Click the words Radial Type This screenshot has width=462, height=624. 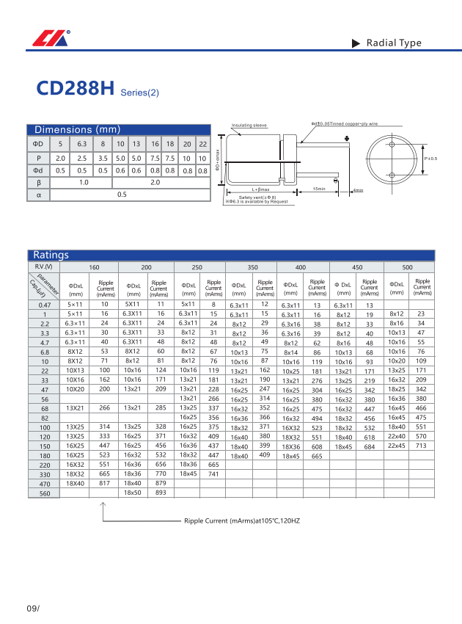click(x=394, y=43)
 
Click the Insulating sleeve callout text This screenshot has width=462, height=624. click(x=249, y=126)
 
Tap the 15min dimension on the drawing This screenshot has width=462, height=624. click(x=319, y=189)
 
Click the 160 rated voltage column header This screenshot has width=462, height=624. click(x=95, y=267)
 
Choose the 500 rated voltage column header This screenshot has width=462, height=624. click(x=408, y=267)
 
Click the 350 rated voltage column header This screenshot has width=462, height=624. click(x=252, y=267)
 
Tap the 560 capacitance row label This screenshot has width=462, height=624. click(x=45, y=493)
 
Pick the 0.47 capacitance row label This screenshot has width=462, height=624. click(x=45, y=305)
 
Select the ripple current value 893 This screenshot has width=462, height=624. click(x=161, y=493)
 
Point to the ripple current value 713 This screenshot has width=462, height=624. click(x=421, y=446)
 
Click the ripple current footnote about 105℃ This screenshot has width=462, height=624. click(x=242, y=520)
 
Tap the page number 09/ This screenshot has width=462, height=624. click(x=32, y=609)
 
